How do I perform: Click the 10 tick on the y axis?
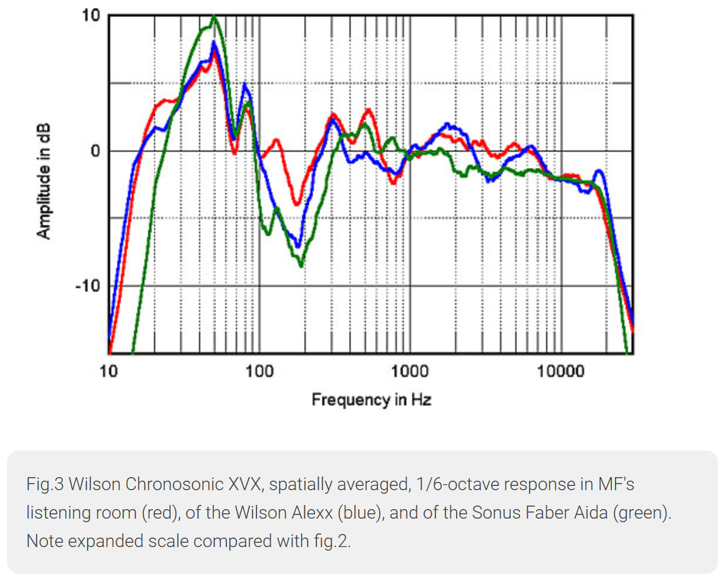tap(92, 16)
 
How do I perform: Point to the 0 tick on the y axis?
tap(95, 151)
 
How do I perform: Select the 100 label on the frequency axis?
tap(259, 372)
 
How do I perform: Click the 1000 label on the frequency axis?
tap(409, 372)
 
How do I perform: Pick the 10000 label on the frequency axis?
tap(560, 372)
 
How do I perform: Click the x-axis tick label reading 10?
tap(108, 372)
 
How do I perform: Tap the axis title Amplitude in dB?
tap(44, 181)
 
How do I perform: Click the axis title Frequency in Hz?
tap(371, 400)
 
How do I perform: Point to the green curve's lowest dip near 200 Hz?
tap(302, 266)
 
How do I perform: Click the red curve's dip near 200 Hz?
tap(297, 204)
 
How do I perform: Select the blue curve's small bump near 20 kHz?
tap(599, 171)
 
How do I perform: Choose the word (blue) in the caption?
tap(358, 513)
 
